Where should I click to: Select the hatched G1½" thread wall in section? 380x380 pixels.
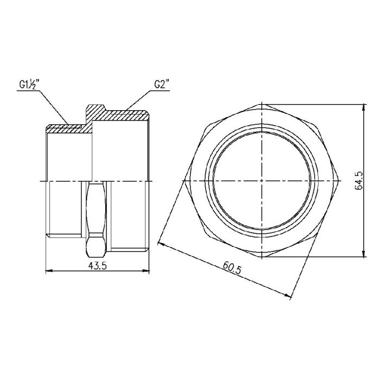(x=65, y=129)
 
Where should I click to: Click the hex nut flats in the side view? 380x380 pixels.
(x=96, y=217)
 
